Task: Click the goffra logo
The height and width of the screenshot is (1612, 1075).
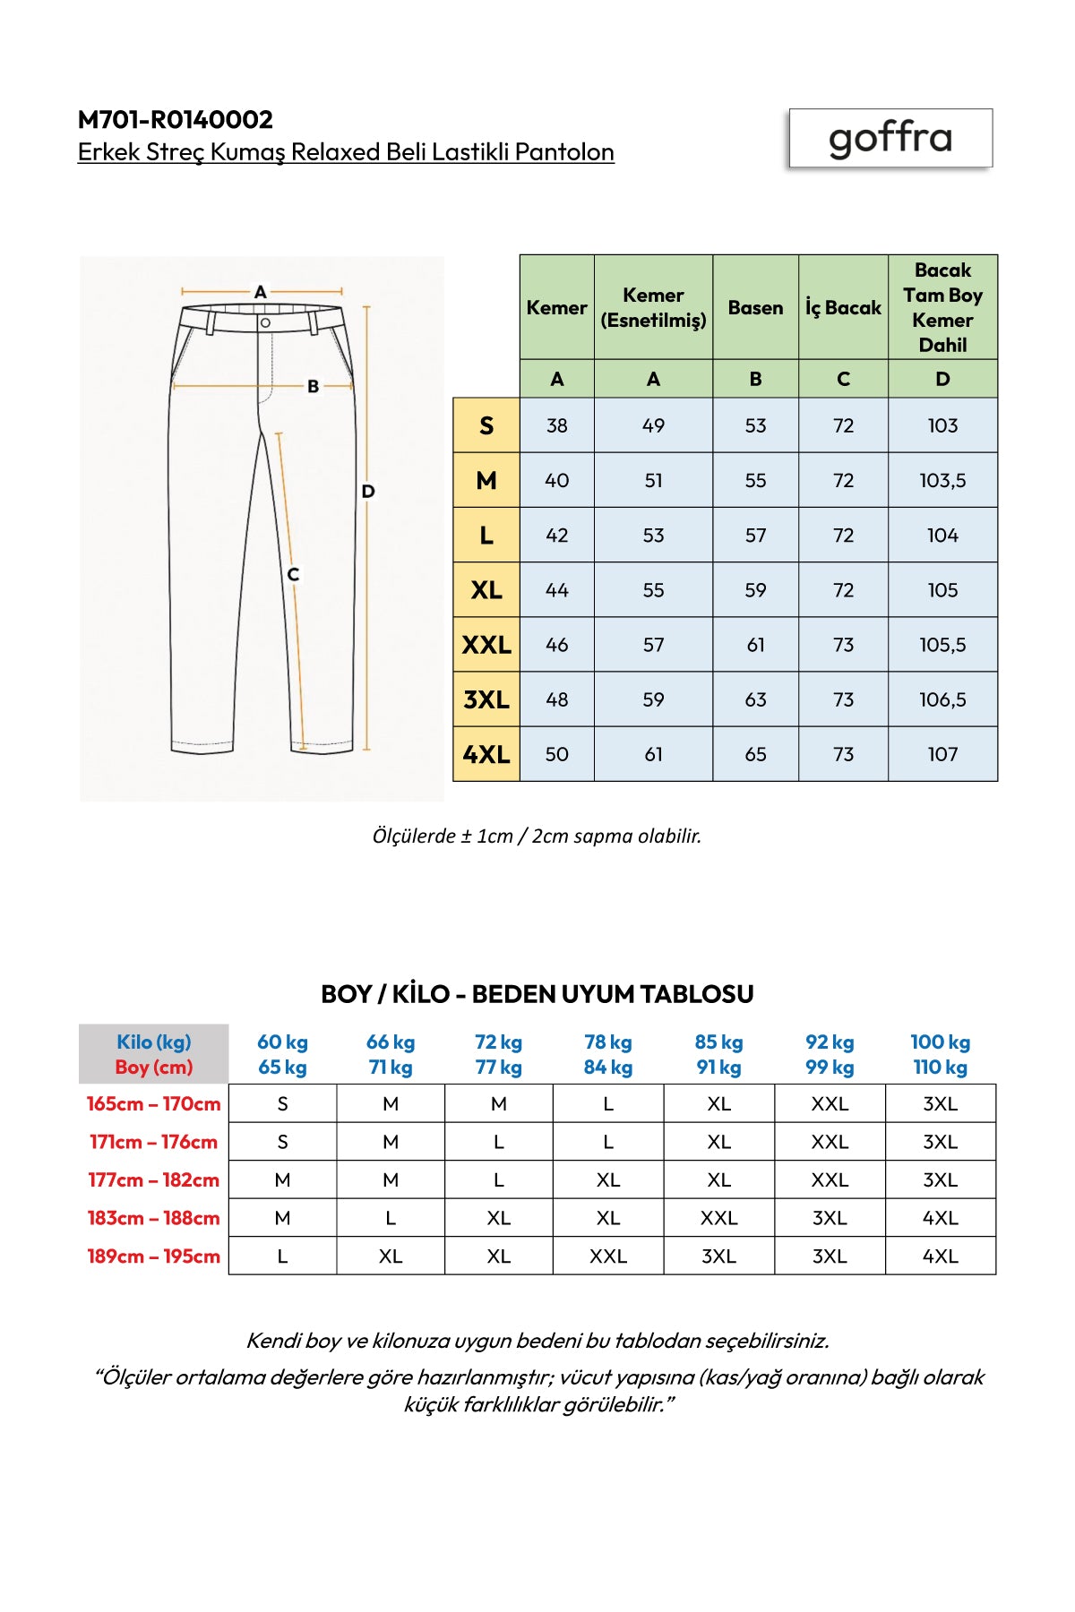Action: click(x=890, y=138)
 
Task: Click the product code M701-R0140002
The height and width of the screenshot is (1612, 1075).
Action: click(x=176, y=119)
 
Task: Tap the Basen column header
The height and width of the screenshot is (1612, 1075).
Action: click(x=755, y=308)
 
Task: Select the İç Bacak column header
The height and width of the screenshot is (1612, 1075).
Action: click(x=843, y=308)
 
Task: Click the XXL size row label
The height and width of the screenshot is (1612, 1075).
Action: click(x=486, y=645)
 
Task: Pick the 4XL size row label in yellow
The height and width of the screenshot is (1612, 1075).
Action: click(x=486, y=754)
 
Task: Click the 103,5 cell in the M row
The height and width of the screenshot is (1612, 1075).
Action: click(x=942, y=481)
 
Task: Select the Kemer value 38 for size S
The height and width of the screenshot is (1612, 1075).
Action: click(x=556, y=426)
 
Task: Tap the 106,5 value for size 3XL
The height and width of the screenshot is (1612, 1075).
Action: click(x=942, y=699)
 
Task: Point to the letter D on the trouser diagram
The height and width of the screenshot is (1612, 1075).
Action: click(x=368, y=491)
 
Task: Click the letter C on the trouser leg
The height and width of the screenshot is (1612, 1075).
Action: click(x=293, y=574)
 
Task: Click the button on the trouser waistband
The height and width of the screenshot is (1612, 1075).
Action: click(x=265, y=322)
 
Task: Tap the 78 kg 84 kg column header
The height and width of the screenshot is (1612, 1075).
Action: click(x=608, y=1054)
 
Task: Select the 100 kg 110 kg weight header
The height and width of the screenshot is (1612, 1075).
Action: click(x=941, y=1054)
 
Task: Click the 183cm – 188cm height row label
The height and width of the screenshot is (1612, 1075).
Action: click(x=153, y=1218)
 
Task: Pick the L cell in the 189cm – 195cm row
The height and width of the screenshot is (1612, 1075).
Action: click(x=282, y=1256)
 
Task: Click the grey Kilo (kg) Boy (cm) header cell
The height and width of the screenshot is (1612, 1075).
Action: click(x=153, y=1054)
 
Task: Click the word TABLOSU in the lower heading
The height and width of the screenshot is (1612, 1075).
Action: click(x=696, y=994)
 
